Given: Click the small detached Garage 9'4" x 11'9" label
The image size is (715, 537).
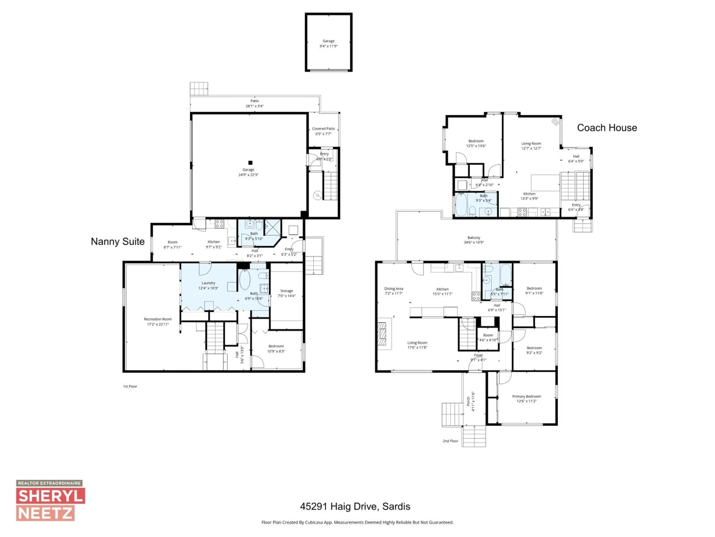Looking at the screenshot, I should click(328, 43).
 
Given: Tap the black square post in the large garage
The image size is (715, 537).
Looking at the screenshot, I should click(250, 163).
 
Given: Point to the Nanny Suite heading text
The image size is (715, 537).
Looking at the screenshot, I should click(118, 241).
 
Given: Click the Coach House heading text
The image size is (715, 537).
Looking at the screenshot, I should click(607, 128).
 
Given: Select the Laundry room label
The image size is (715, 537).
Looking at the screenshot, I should click(209, 285).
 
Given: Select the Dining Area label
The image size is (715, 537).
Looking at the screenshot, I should click(393, 291).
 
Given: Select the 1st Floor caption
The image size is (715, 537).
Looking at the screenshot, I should click(130, 386).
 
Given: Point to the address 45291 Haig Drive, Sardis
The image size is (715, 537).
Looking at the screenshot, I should click(355, 506).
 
